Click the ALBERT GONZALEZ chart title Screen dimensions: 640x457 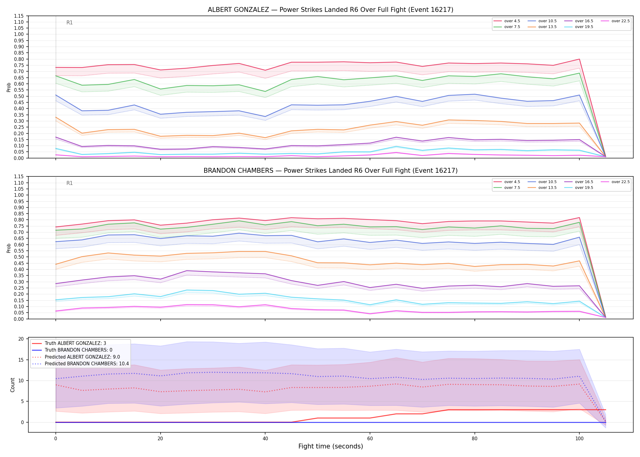[x=330, y=10]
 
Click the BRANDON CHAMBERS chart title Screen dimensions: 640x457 [x=330, y=171]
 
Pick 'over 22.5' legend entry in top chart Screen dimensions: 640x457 [x=615, y=21]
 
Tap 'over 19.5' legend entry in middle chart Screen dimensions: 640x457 [x=579, y=188]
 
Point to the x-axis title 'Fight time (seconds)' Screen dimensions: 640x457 [x=331, y=446]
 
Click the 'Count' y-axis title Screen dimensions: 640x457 [x=12, y=385]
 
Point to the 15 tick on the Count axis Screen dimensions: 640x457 [x=21, y=360]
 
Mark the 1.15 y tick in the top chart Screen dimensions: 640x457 [x=19, y=16]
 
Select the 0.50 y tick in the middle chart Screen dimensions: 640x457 [x=19, y=257]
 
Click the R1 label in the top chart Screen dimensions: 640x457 [x=69, y=23]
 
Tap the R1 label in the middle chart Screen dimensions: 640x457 [x=69, y=183]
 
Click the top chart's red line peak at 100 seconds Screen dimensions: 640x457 [x=579, y=59]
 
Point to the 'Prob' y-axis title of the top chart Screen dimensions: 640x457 [x=9, y=87]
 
